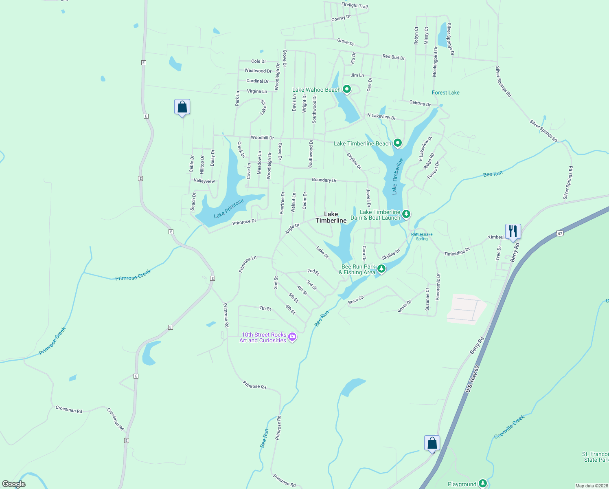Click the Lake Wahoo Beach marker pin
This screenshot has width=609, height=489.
coord(347,89)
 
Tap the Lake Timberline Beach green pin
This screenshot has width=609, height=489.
coord(398,143)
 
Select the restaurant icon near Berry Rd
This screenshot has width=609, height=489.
coord(513,231)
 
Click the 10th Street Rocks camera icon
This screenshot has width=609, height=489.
coord(292,337)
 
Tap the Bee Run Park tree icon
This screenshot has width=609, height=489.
coord(381,269)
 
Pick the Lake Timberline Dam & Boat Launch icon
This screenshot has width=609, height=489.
coord(406,214)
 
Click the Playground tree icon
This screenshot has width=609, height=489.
coord(483,483)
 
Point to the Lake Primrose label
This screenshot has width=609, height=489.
coord(229,208)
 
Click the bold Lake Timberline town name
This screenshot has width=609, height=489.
coord(331,217)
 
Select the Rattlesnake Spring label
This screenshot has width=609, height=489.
coord(422,236)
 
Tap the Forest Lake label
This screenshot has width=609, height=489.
coord(445,93)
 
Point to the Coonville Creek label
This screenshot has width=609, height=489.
coord(509,427)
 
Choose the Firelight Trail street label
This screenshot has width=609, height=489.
coord(355,5)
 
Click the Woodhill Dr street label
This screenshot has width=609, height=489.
coord(262,138)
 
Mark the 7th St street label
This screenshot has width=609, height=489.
coord(265,308)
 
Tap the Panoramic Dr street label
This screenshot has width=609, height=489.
coord(438,287)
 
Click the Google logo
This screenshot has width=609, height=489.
coord(14,484)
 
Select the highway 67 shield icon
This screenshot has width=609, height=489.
coord(560,233)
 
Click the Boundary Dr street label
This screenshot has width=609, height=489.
coord(324,180)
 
